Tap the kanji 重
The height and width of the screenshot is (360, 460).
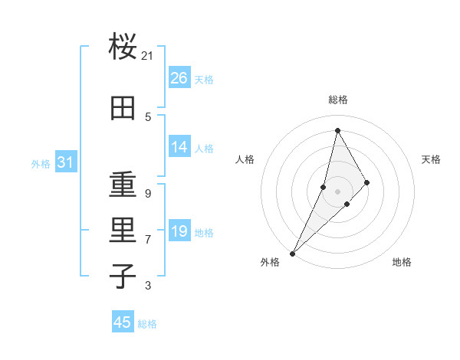(x=123, y=185)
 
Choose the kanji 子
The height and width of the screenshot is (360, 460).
(x=123, y=276)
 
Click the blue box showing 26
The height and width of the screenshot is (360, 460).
(x=179, y=77)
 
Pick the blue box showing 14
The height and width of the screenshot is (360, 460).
(x=179, y=147)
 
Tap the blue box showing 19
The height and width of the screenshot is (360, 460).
(x=179, y=231)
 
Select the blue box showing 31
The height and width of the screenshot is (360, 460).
(x=65, y=162)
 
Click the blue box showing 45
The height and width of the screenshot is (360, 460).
(x=123, y=322)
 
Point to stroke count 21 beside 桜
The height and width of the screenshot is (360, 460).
(x=148, y=55)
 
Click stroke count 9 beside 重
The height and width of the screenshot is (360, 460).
(x=148, y=193)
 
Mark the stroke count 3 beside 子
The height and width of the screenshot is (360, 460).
(x=148, y=286)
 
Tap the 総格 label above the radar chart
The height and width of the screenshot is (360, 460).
(x=337, y=100)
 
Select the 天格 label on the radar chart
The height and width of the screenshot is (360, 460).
(x=431, y=159)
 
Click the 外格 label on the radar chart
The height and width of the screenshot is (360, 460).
(x=270, y=262)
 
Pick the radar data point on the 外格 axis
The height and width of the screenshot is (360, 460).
(x=292, y=253)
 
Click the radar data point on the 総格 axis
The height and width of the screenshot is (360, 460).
(x=337, y=130)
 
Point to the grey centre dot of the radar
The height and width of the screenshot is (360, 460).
(x=337, y=191)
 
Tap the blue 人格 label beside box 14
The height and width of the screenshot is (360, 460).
(x=204, y=148)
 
